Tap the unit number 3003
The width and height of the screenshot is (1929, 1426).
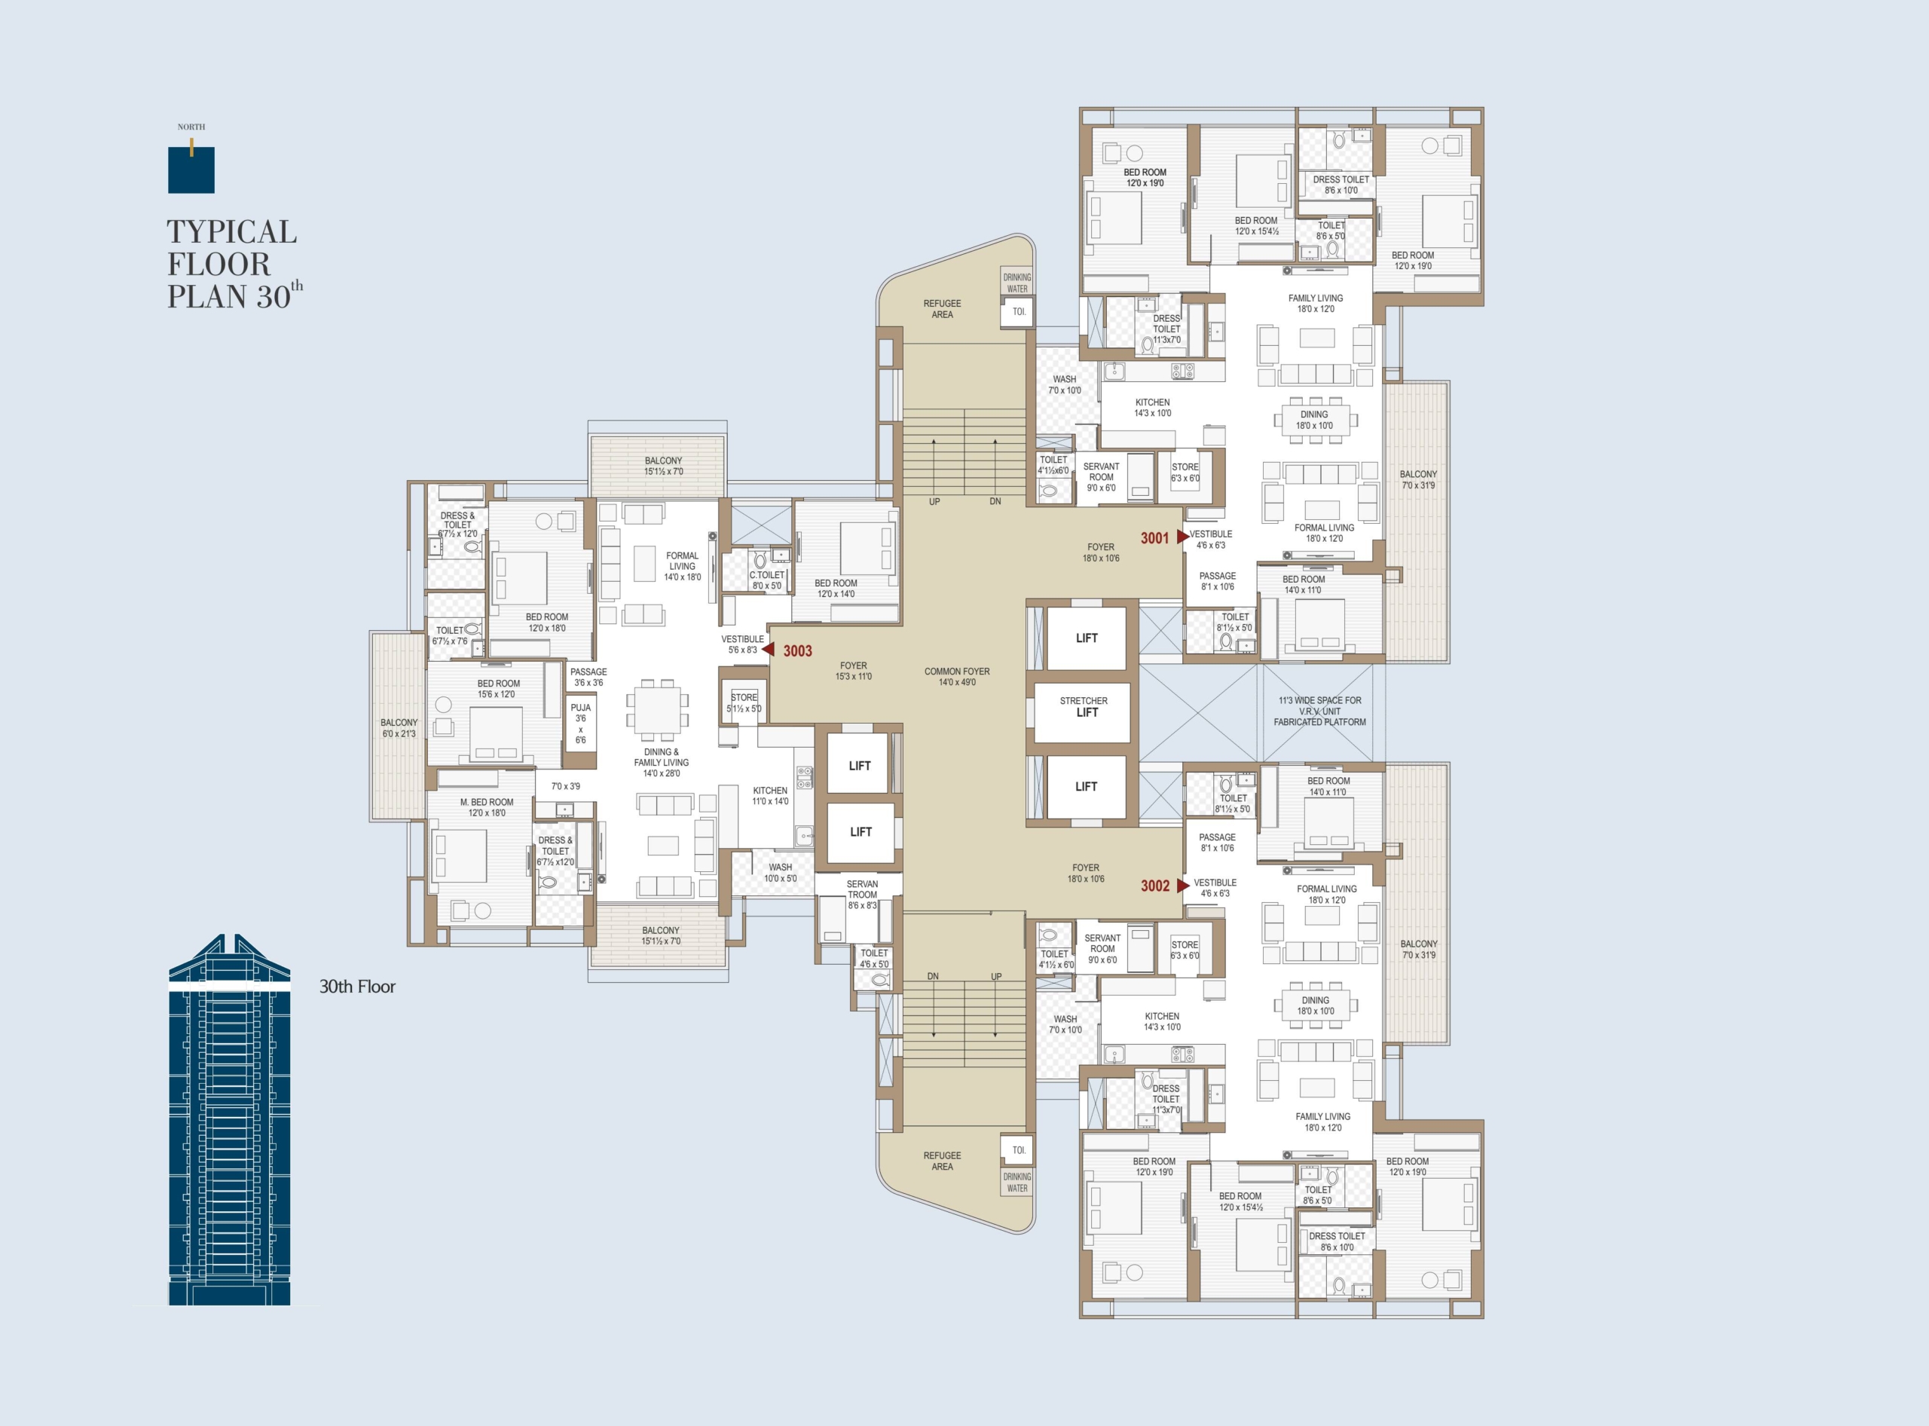pos(797,651)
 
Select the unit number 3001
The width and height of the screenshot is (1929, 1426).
pos(1155,538)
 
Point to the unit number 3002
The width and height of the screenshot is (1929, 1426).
pos(1155,886)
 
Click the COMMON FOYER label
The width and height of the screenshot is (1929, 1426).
pos(957,677)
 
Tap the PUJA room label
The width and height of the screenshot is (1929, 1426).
pos(581,724)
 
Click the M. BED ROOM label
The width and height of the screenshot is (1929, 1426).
pos(487,807)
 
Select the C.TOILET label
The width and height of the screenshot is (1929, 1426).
pos(767,580)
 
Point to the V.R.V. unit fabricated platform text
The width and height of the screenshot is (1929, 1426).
pos(1319,711)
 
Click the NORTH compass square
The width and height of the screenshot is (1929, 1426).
pos(191,169)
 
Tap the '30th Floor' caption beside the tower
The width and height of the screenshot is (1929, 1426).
pos(357,987)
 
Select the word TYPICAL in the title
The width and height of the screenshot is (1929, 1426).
pos(232,231)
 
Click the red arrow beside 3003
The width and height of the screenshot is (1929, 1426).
pos(768,649)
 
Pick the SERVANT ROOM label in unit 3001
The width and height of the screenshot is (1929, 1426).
pos(1102,477)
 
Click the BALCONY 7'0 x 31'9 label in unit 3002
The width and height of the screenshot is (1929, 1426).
pos(1419,950)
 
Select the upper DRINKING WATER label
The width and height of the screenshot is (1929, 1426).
pos(1017,283)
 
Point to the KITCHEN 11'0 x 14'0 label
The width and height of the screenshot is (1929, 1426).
pos(770,796)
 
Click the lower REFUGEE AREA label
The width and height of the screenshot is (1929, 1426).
pos(943,1161)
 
